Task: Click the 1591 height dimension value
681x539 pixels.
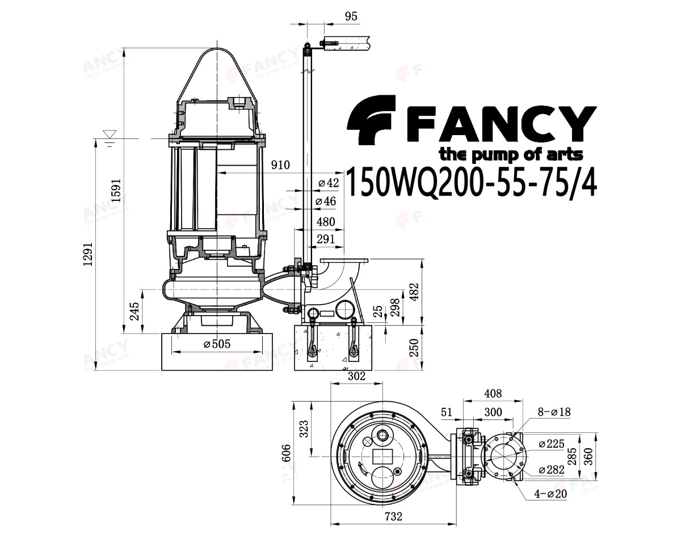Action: (x=116, y=191)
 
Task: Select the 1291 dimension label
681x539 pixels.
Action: (x=89, y=254)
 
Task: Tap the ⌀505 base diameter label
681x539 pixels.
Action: (x=217, y=344)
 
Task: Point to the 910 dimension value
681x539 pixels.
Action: (x=280, y=165)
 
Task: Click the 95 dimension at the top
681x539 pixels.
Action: (x=351, y=16)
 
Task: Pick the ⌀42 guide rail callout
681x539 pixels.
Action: (x=328, y=183)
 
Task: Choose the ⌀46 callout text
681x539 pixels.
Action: (x=326, y=201)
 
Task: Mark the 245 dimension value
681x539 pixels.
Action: (x=134, y=311)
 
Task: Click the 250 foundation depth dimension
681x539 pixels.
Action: (x=414, y=348)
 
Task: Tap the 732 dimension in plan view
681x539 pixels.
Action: (x=393, y=516)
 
